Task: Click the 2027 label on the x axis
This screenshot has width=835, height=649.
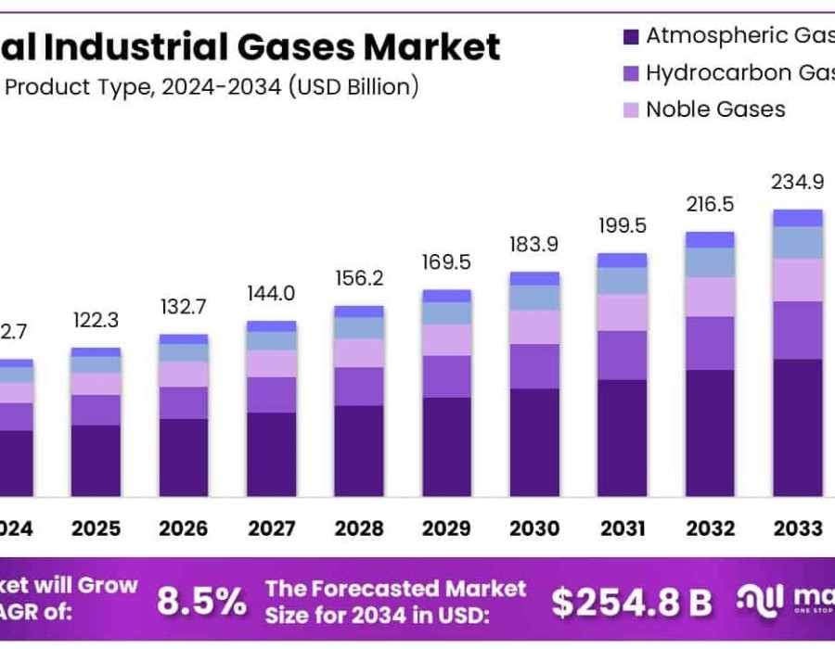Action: coord(271,528)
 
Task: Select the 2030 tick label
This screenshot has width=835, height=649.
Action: coord(533,528)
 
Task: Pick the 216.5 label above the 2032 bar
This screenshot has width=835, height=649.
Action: coord(710,205)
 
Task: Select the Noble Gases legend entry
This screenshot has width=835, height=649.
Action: coord(715,109)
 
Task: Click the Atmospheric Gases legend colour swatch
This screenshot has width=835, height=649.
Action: coord(631,37)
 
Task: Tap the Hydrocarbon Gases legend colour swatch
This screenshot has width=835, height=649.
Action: coord(631,73)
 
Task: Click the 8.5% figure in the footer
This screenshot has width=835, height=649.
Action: coord(201,602)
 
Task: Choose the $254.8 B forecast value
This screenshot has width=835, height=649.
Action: coord(631,602)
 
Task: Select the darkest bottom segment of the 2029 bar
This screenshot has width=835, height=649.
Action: coord(446,446)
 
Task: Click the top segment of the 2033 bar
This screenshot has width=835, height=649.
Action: coord(798,218)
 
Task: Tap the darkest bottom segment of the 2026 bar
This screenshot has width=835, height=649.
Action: coord(183,456)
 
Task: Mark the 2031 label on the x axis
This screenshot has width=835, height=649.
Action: coord(622,528)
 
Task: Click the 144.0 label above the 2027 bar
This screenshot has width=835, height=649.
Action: coord(271,294)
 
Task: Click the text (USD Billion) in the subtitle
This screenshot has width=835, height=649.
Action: coord(353,87)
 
